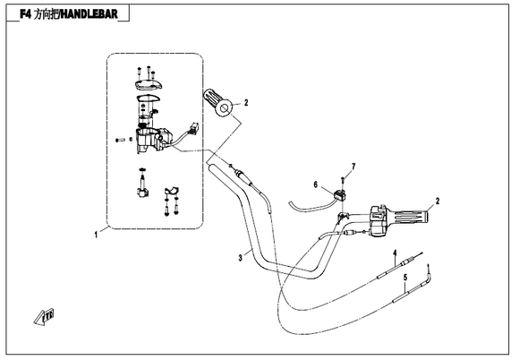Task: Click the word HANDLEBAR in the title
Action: (89, 14)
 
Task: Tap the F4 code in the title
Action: (25, 14)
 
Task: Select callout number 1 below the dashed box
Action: (96, 235)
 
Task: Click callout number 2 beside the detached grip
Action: (246, 103)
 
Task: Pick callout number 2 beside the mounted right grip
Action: (438, 201)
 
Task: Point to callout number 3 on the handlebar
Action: (241, 258)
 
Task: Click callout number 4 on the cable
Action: (395, 253)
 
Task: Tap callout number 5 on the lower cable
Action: (405, 278)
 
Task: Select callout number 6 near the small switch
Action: (316, 184)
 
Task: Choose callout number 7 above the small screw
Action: (353, 167)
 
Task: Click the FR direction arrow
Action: (44, 317)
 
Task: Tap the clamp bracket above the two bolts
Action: (172, 191)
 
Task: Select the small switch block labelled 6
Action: (340, 194)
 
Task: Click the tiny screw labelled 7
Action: (343, 181)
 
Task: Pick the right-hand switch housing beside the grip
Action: (379, 221)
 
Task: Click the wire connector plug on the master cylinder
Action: (193, 127)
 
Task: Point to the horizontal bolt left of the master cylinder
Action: (119, 140)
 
